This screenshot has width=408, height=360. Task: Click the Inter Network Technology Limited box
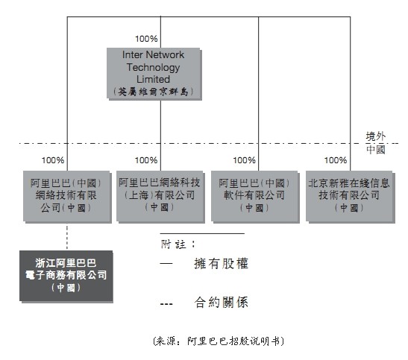tap(154, 74)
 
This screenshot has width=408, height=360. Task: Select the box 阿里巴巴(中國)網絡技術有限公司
tap(67, 197)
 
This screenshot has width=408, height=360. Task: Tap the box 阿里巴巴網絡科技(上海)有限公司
tap(160, 197)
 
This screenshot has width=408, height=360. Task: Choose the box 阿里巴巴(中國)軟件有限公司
tap(255, 197)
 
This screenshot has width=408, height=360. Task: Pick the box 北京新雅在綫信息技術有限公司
tap(351, 197)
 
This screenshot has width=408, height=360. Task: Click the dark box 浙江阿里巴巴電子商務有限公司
tap(66, 277)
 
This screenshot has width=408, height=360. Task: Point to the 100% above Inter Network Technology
tap(146, 39)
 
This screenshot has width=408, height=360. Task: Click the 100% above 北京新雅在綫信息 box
tap(336, 160)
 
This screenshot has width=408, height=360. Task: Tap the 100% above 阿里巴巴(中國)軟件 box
tap(244, 160)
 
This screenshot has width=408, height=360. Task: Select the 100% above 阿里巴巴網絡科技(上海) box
tap(146, 160)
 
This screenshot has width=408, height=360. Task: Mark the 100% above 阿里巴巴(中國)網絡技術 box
tap(53, 160)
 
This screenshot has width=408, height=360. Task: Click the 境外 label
tap(375, 136)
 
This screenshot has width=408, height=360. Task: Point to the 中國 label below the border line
tap(375, 150)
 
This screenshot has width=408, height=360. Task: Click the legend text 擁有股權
tap(221, 264)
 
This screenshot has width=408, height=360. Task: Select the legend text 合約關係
tap(221, 303)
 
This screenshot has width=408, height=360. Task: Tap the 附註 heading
tap(178, 244)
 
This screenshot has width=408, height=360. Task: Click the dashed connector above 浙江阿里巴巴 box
tap(67, 238)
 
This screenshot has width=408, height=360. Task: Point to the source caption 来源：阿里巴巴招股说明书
tap(219, 341)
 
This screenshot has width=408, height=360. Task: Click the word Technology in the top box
tap(153, 67)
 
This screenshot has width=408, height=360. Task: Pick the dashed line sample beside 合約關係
tap(166, 303)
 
